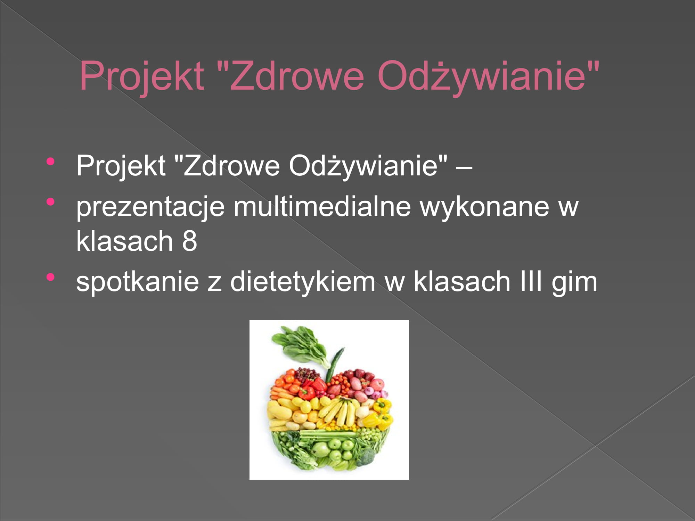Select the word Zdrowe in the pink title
point(297,75)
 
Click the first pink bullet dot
point(51,161)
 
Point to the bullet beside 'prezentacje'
point(51,201)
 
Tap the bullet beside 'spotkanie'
point(51,277)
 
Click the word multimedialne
point(322,207)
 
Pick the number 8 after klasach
point(189,241)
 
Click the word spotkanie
point(138,282)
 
